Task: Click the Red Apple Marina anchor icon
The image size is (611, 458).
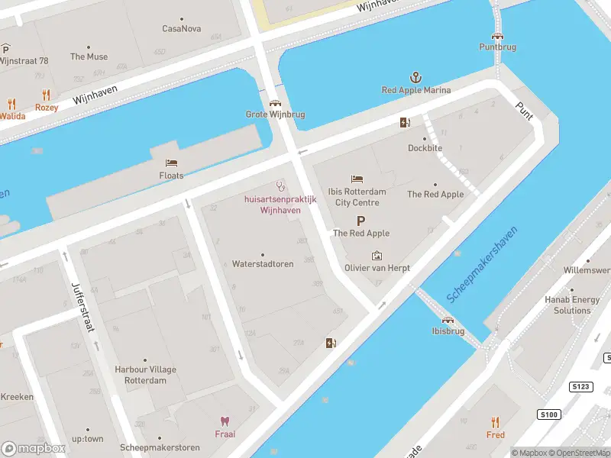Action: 416,77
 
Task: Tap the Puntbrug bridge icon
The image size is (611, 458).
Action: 497,35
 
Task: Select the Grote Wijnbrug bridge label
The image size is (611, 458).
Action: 275,114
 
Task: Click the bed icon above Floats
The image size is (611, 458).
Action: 171,163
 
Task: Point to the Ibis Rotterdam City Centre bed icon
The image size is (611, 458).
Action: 357,179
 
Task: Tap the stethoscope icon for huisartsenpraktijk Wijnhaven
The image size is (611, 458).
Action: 280,185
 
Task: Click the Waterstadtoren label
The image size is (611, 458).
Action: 263,264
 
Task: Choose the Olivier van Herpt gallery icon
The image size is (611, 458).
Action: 377,256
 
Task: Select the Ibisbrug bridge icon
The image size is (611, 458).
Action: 448,320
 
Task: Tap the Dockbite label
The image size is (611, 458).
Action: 425,148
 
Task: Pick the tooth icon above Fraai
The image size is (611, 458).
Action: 225,421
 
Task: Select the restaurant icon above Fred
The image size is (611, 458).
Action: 495,422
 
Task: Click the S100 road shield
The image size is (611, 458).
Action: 548,414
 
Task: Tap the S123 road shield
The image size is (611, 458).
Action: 582,387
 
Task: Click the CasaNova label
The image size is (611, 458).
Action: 182,29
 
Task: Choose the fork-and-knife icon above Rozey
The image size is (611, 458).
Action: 47,95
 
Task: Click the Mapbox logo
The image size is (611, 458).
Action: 32,448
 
